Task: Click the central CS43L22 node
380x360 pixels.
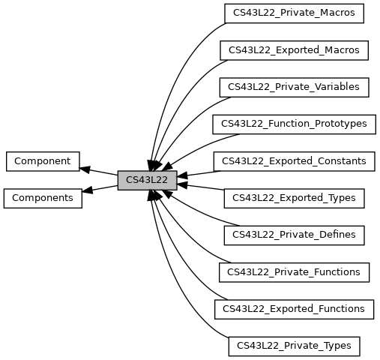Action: [147, 180]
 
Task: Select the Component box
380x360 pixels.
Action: [43, 161]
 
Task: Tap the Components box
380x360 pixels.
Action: [43, 198]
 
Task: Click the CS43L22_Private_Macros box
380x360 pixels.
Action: [294, 13]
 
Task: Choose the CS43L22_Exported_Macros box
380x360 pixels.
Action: [294, 50]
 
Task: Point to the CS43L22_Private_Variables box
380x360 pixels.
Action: [294, 87]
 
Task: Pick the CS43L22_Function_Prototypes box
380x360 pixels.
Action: [294, 124]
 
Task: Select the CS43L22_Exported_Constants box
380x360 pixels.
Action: [294, 161]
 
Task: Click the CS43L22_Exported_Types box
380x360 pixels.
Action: [294, 198]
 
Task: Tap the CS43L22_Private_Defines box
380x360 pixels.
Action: [294, 235]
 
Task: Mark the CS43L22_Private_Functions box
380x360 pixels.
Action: [294, 272]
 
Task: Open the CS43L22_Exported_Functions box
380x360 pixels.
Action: [294, 309]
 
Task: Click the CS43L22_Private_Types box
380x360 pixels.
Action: [294, 346]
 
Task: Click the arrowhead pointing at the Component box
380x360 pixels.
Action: [85, 169]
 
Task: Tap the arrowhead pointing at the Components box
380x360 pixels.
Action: [87, 190]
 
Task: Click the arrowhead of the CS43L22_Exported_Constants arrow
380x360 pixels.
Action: [182, 175]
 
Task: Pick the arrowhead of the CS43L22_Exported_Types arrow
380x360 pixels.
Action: [182, 185]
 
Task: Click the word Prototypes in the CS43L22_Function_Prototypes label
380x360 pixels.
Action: [341, 124]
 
